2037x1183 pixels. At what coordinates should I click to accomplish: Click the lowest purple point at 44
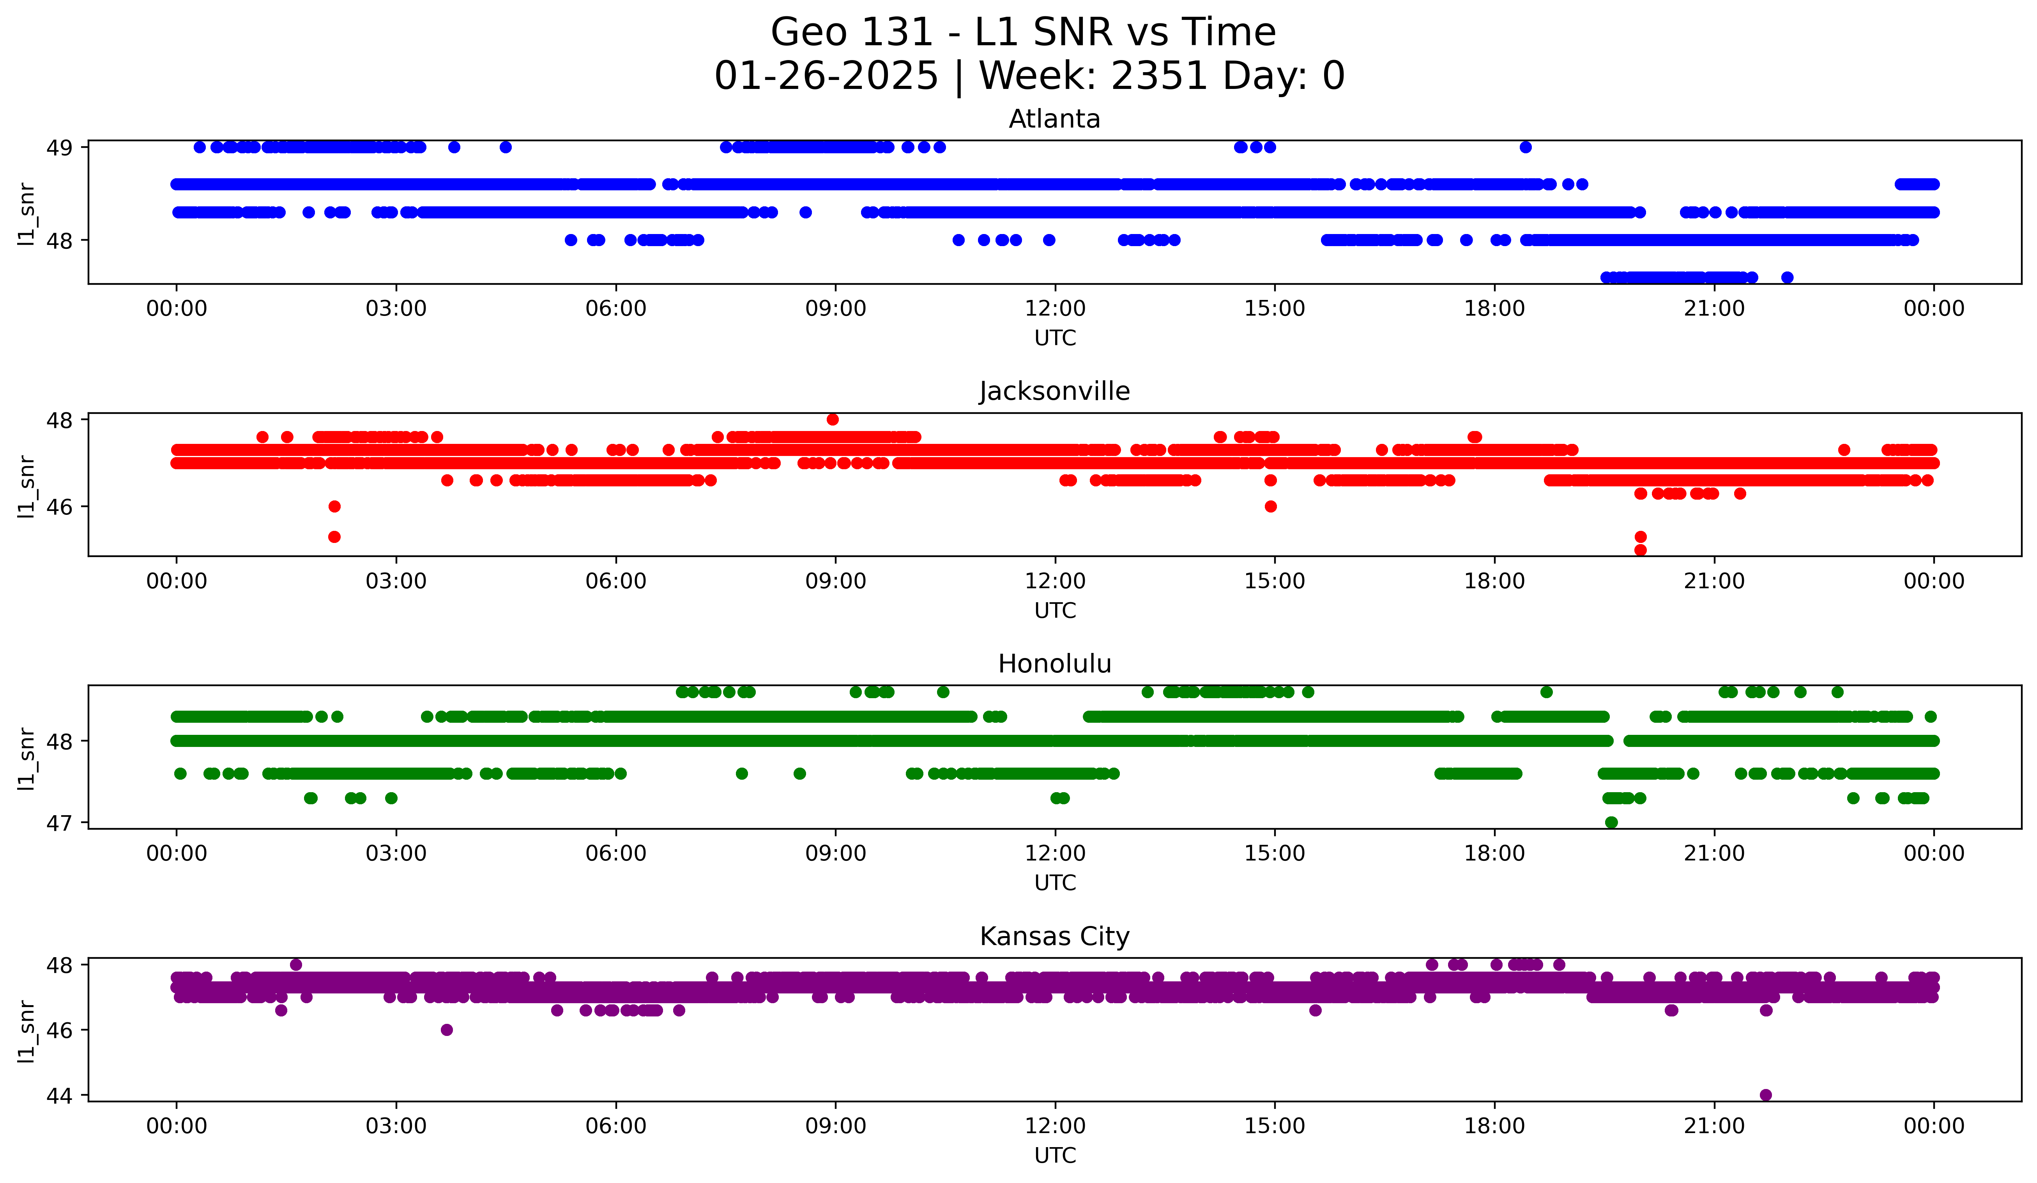[x=1765, y=1095]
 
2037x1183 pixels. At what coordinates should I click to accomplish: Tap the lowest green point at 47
[x=1611, y=822]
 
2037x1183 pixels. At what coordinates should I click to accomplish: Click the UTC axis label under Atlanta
[x=1055, y=338]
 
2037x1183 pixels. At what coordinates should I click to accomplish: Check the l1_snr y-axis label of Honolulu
[x=27, y=758]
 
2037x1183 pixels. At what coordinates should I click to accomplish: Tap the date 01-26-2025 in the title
[x=826, y=76]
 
